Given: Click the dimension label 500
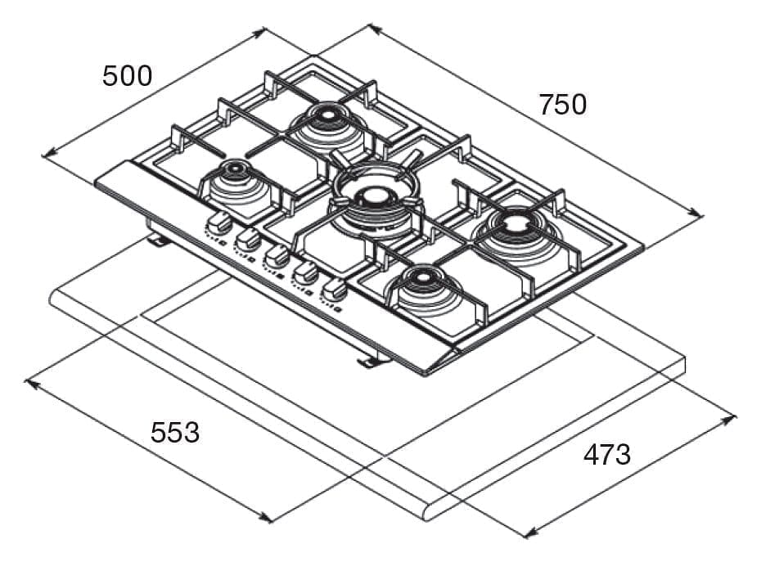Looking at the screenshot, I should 127,76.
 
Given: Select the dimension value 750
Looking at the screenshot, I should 563,105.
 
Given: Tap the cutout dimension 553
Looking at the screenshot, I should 174,432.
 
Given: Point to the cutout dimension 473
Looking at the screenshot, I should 606,455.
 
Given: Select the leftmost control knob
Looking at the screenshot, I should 219,221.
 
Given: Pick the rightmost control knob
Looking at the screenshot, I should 333,289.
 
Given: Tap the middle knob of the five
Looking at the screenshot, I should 277,255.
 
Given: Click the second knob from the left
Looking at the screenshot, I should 248,238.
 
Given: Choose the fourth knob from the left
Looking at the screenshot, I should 305,272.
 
